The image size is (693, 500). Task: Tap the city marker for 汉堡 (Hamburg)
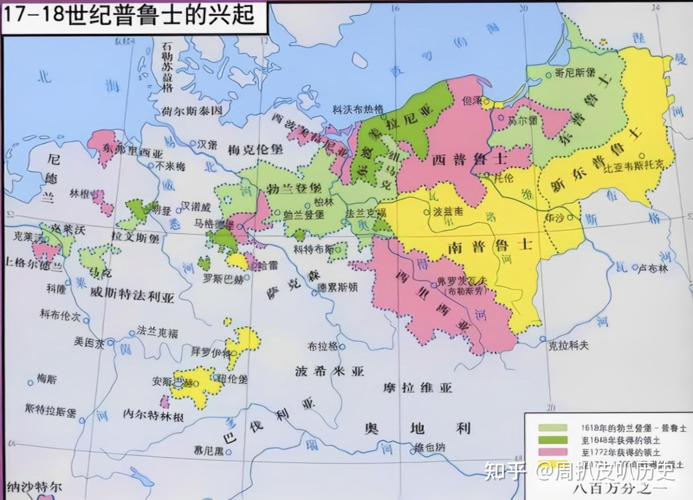[193, 143]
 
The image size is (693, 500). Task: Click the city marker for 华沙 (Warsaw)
[570, 217]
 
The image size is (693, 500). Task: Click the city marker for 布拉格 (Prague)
[342, 347]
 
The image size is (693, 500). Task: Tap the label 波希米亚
[329, 371]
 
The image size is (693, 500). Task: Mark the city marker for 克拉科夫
[543, 339]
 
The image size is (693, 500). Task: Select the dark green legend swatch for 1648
[552, 440]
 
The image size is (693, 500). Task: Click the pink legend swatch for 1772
[552, 452]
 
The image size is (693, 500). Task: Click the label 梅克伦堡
[255, 149]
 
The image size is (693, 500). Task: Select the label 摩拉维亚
[417, 388]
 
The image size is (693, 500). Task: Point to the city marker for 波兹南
[427, 212]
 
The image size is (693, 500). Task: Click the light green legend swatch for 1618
[552, 428]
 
